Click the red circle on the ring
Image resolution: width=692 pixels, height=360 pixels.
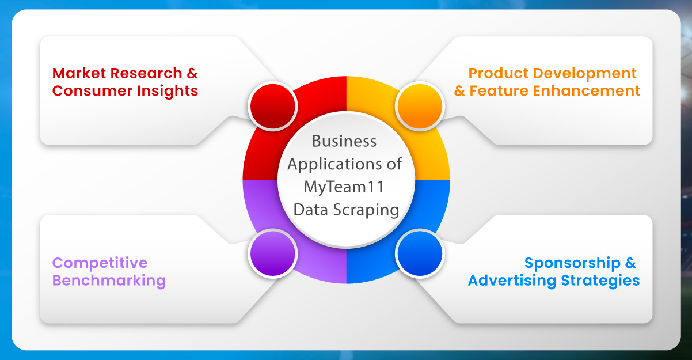click(272, 106)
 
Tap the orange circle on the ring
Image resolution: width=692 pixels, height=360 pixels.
click(420, 106)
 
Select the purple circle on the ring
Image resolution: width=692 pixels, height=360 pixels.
click(272, 253)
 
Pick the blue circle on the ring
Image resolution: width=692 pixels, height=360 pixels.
click(420, 253)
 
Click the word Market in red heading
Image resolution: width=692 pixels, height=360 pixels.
click(78, 73)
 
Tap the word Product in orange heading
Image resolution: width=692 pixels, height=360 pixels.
click(497, 73)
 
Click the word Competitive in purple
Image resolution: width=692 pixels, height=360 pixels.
click(100, 263)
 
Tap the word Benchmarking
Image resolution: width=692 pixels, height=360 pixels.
click(109, 281)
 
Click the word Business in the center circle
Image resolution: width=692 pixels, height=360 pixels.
click(344, 141)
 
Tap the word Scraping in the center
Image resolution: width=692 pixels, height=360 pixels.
click(370, 210)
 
